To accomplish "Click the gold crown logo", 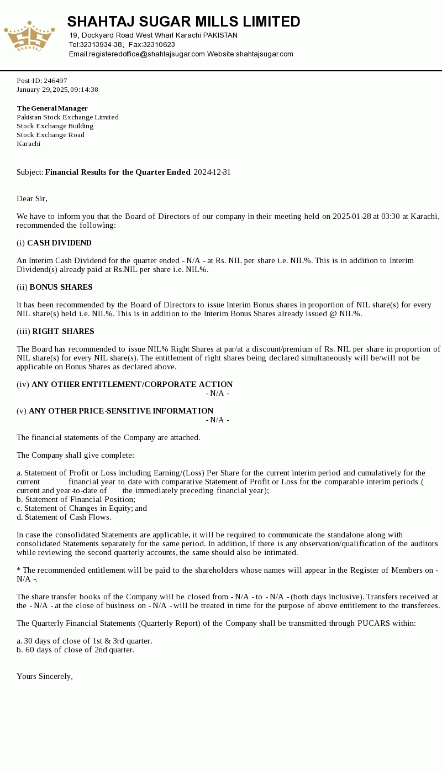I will click(29, 36).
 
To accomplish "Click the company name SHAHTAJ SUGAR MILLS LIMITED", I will click(183, 22).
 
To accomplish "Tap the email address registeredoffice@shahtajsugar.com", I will click(137, 54).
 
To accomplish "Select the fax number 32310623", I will click(159, 45).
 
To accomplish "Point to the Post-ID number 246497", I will click(55, 81).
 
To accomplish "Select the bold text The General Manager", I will click(52, 108).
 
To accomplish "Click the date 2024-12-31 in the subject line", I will click(212, 172).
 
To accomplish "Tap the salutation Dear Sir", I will click(32, 199).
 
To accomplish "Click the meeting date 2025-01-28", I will click(351, 217).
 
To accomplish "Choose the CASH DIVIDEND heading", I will click(59, 243).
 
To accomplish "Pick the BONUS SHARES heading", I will click(61, 287).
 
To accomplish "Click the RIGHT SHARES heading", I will click(63, 332).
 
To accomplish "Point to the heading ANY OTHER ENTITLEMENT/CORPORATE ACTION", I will click(132, 385).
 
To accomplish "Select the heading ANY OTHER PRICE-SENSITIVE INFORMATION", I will click(121, 411).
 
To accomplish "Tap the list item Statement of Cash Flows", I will click(67, 517).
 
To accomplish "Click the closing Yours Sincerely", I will click(45, 677).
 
